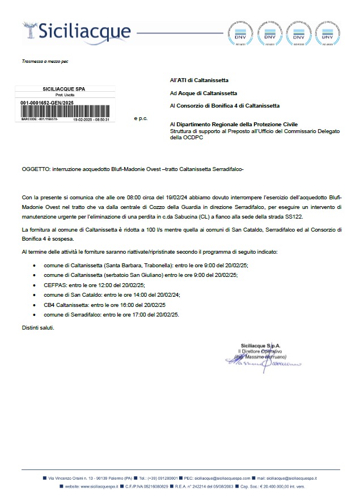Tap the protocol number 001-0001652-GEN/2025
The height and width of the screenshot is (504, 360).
coord(43,102)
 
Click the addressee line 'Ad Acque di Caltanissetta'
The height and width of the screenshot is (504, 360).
coord(204,93)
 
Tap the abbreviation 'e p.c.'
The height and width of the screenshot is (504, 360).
coord(141,119)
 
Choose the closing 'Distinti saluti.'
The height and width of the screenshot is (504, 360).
coord(39,327)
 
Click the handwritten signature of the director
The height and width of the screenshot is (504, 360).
coord(263,362)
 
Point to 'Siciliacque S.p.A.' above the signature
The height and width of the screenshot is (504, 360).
coord(261,345)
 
